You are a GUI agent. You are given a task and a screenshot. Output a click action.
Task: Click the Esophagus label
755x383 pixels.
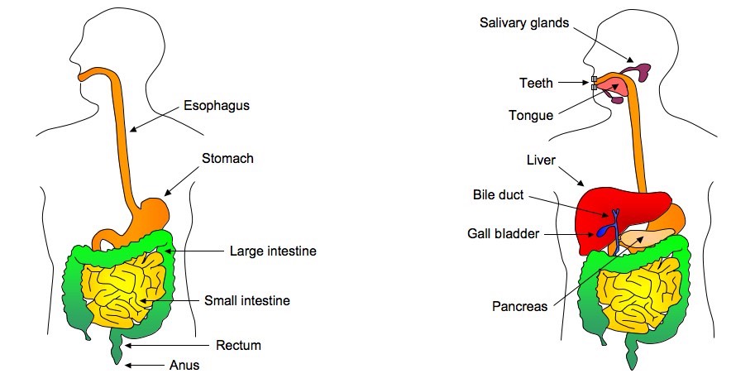(216, 105)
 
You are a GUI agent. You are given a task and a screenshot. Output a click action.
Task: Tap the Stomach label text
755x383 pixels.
(227, 158)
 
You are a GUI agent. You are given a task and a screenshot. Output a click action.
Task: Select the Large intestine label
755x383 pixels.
(273, 250)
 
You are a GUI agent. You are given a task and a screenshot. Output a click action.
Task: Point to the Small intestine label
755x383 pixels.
(247, 300)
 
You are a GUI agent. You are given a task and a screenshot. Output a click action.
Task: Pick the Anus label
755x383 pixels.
(184, 364)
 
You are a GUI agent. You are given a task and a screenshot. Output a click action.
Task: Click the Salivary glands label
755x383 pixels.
(524, 22)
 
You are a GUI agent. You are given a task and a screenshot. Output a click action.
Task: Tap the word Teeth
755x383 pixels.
(535, 83)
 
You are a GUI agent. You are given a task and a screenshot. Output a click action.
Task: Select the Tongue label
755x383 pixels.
(531, 115)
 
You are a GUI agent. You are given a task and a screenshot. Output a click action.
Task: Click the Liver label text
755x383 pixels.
(541, 159)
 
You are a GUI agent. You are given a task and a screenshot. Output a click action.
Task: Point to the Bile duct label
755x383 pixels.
(498, 195)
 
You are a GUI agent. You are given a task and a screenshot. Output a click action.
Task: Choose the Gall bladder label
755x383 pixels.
(504, 234)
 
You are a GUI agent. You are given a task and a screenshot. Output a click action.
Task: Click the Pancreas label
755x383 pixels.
(519, 306)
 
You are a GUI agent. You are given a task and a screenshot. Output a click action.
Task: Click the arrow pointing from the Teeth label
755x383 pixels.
(576, 83)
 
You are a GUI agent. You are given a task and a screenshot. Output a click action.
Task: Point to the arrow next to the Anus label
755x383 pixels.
(147, 365)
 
